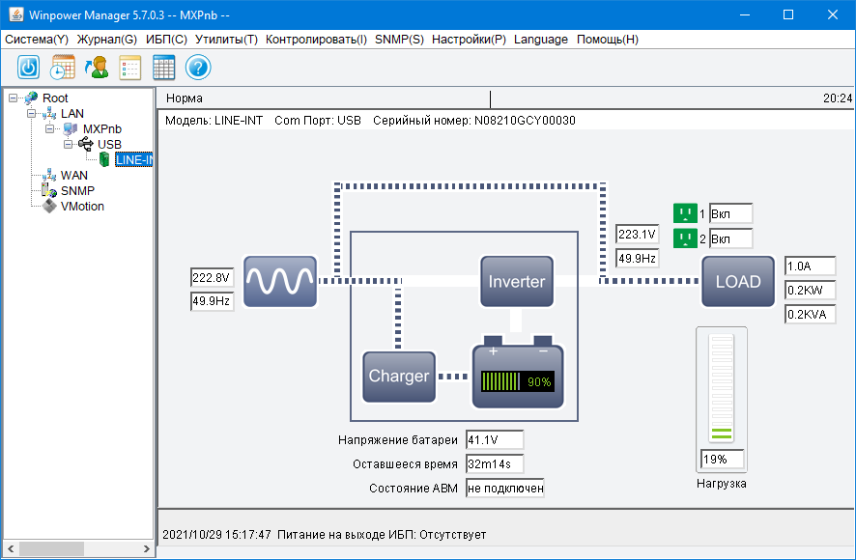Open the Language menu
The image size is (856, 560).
pos(541,40)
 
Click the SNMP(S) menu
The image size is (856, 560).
pos(399,40)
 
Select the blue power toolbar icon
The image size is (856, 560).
pos(29,68)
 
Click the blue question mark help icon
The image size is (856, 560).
pos(198,68)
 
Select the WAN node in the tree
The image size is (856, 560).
pos(73,176)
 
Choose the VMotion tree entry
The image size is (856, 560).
pos(82,207)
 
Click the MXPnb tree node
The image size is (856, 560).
pos(101,129)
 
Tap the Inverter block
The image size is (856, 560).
pos(517,282)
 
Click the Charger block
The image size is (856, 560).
pos(398,377)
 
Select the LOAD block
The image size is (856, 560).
pos(738,282)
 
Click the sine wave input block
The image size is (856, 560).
pos(280,282)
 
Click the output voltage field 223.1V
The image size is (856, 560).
pos(638,235)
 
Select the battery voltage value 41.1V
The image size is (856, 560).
pos(494,440)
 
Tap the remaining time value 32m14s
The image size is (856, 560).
pos(494,464)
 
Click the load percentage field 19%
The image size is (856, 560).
pos(723,460)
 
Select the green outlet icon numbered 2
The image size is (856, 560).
pos(685,238)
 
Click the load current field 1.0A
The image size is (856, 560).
pos(810,266)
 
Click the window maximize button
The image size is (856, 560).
pos(788,14)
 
